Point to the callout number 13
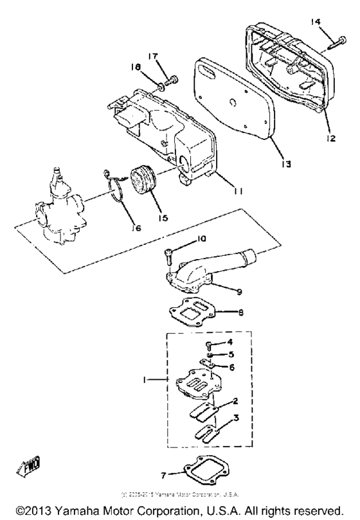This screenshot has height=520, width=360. (286, 165)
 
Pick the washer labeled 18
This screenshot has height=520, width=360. (161, 85)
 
